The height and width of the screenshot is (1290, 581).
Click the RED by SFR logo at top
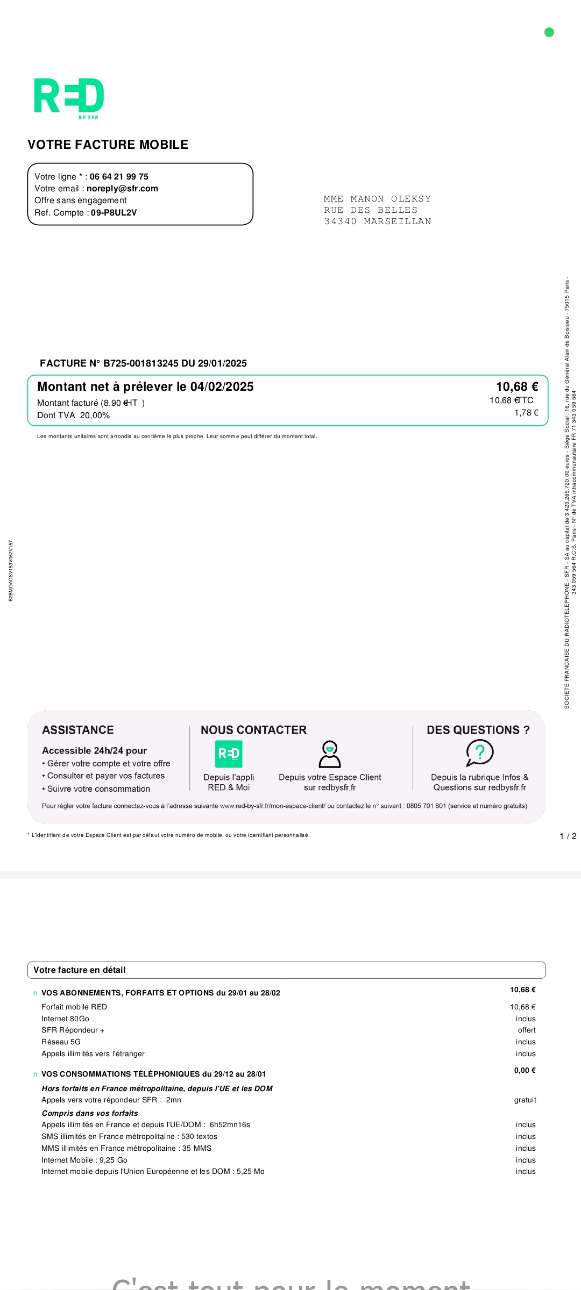point(69,97)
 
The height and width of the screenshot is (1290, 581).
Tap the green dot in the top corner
point(549,32)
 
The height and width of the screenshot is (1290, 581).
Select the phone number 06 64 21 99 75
point(119,177)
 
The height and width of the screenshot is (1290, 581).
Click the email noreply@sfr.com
point(122,189)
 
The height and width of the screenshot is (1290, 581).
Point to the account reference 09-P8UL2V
point(114,213)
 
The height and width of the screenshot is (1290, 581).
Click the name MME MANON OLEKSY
point(377,199)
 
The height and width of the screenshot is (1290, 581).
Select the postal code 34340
point(340,221)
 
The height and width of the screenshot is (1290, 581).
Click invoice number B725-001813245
point(141,363)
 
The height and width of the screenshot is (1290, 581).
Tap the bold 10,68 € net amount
point(516,387)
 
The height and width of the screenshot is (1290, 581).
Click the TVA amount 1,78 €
point(526,413)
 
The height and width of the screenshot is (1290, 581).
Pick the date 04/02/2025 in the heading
point(222,387)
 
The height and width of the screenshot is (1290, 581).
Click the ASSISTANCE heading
point(78,730)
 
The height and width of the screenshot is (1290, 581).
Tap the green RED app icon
point(229,754)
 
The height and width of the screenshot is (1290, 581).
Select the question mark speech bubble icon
point(479,752)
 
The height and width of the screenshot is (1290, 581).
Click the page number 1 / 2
point(568,836)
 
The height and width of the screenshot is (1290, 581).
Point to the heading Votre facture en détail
point(80,970)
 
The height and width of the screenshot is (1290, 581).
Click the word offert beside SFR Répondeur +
point(527,1030)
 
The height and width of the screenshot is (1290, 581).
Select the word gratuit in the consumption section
point(525,1100)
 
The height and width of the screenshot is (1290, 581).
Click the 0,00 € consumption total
point(525,1071)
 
